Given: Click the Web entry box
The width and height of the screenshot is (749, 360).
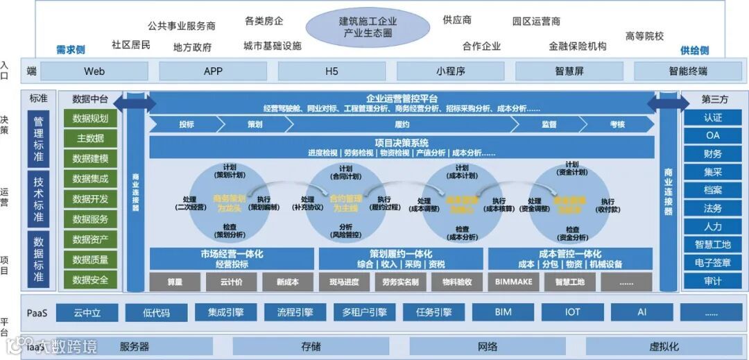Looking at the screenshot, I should point(94,71).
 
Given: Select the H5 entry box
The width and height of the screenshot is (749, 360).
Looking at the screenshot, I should point(332,71).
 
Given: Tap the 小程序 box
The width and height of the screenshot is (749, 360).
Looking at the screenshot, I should point(450,71).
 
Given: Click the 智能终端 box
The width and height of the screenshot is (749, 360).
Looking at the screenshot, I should point(688,71).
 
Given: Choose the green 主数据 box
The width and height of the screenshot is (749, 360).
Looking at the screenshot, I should point(90,138).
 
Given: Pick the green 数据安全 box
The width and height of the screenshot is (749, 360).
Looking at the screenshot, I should point(90,280).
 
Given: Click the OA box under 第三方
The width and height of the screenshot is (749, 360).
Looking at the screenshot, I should point(712,136).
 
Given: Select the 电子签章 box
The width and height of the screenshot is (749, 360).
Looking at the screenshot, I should point(712,263).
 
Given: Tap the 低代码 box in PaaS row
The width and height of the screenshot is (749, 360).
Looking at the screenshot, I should point(156,313).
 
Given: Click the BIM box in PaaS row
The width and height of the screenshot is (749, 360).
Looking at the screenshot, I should point(503,313).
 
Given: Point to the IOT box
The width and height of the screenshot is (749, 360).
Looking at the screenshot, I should point(572,313).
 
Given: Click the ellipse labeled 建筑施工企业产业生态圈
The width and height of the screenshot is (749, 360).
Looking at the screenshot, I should point(368,26).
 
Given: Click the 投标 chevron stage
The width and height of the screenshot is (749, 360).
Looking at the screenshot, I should point(186,125).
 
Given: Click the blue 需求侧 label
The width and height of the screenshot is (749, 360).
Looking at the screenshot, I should point(70,50).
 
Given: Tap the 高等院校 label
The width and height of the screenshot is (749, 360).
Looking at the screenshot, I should point(644,36).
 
